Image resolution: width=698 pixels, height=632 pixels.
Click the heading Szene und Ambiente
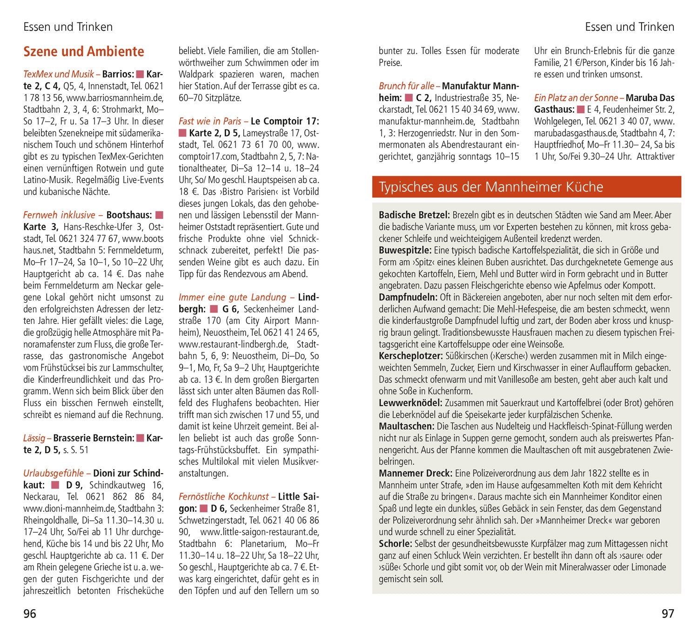point(84,51)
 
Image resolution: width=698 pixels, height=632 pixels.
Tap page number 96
point(30,613)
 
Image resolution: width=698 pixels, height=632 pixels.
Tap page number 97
point(667,613)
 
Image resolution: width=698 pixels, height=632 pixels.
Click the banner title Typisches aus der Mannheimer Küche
point(490,187)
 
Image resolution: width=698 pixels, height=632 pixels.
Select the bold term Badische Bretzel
point(414,215)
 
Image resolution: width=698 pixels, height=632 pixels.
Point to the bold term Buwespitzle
point(405,251)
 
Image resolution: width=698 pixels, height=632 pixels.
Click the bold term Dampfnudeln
point(408,297)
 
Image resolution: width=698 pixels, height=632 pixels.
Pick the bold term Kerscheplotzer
point(410,356)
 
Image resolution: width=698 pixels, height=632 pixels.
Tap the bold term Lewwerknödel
point(410,403)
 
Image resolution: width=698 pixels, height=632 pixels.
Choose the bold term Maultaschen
point(406,426)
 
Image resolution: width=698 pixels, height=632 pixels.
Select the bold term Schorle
point(395,544)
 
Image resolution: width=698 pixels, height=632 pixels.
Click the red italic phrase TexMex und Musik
point(59,74)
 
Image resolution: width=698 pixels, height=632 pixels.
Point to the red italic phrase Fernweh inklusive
point(59,215)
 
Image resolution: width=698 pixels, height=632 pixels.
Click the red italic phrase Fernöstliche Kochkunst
point(224,496)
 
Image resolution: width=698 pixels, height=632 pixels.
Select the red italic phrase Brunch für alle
point(406,86)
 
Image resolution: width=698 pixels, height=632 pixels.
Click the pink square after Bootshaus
point(159,215)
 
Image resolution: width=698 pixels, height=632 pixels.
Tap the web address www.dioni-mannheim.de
point(69,508)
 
